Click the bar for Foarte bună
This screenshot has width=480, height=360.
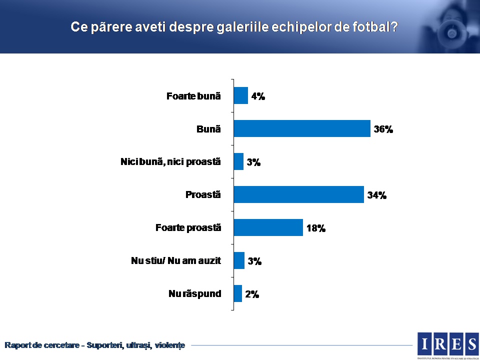[x=241, y=95]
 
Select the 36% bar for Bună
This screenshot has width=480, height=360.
[x=302, y=128]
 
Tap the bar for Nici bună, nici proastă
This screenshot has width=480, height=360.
[x=238, y=161]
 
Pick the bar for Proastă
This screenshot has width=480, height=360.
[x=298, y=194]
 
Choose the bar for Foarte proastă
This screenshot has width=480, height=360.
[x=268, y=227]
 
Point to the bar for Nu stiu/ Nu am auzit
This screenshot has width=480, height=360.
[x=239, y=260]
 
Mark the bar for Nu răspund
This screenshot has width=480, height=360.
[x=238, y=293]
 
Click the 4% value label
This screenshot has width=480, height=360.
[x=258, y=96]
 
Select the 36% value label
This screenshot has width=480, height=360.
[x=383, y=129]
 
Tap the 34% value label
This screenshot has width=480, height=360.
[x=377, y=195]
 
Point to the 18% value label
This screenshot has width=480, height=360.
[x=316, y=228]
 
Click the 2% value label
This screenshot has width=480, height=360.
[x=252, y=294]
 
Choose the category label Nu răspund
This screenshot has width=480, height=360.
[x=194, y=293]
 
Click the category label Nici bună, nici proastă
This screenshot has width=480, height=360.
[x=170, y=161]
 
